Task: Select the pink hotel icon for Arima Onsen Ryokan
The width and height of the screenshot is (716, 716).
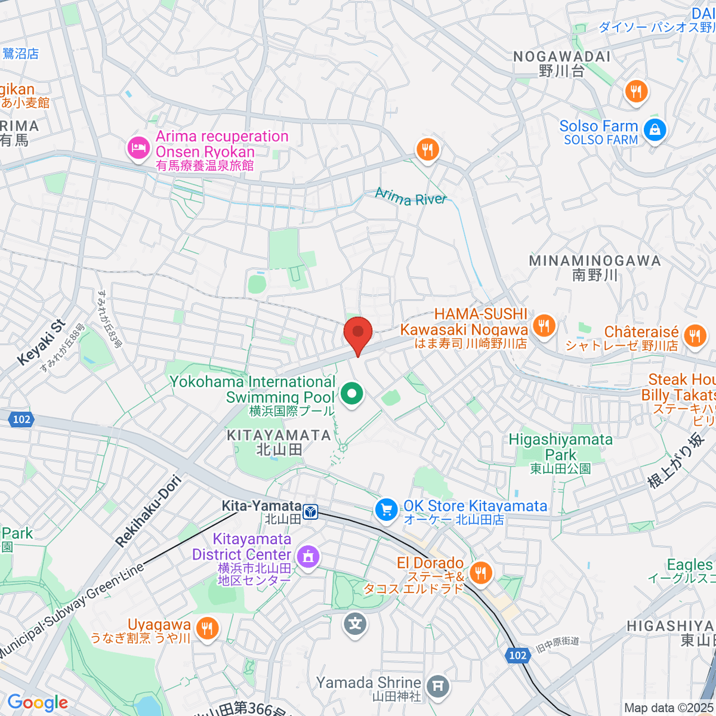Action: pos(138,147)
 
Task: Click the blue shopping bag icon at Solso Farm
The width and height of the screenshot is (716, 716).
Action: pos(655,129)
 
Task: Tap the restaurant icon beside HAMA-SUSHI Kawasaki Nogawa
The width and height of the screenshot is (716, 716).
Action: pos(544,326)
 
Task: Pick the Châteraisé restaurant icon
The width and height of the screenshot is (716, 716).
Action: pos(695,335)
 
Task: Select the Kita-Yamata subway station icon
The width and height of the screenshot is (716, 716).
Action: pos(310,512)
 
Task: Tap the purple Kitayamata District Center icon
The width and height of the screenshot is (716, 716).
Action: pos(308,557)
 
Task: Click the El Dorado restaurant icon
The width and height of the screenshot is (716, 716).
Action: pos(480,573)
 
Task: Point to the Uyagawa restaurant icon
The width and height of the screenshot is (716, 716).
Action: pos(206,628)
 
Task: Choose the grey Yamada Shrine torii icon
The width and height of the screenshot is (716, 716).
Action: pos(438,686)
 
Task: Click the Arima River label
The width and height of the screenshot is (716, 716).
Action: pos(411,197)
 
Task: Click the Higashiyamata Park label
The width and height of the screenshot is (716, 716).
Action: pos(560,447)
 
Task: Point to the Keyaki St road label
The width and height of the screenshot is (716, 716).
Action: pos(41,342)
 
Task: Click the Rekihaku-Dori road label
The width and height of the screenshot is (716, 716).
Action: pos(149,511)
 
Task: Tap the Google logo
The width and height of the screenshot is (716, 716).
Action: pos(38,703)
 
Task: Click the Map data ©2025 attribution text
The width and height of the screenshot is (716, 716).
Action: pos(668,708)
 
